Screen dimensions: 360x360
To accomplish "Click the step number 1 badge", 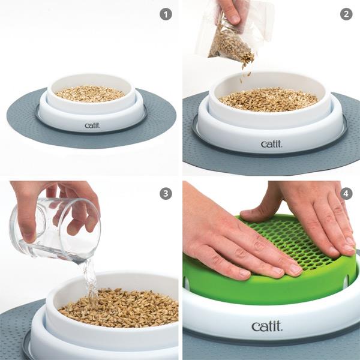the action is click(x=166, y=14).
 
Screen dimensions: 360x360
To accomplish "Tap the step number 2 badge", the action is click(x=346, y=14).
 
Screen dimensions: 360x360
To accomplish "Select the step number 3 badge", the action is click(x=166, y=194).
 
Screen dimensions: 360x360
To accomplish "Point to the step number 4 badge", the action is click(x=346, y=194).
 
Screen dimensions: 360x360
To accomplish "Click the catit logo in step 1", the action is click(x=92, y=125).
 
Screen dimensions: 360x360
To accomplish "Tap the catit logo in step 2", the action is click(x=271, y=144).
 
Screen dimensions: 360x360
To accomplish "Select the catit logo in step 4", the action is click(x=267, y=326).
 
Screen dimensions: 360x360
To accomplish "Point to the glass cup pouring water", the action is click(x=55, y=230).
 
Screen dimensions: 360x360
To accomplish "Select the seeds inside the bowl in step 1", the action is click(x=90, y=94).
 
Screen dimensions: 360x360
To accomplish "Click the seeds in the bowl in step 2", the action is click(x=269, y=99).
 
